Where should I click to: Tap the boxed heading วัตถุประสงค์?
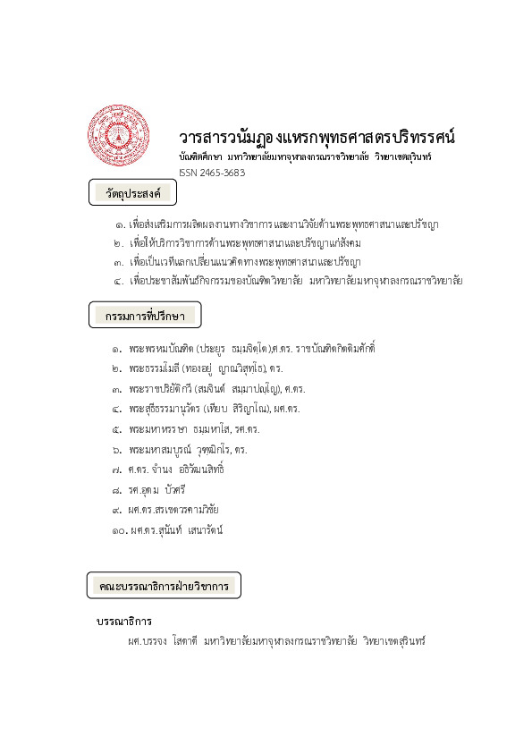[134, 192]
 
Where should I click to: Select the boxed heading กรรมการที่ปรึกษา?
[146, 315]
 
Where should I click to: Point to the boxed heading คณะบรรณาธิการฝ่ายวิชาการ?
[164, 586]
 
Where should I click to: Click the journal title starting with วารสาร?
[317, 138]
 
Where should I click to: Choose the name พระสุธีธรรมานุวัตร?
[162, 409]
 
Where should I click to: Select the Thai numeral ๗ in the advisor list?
[117, 470]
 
